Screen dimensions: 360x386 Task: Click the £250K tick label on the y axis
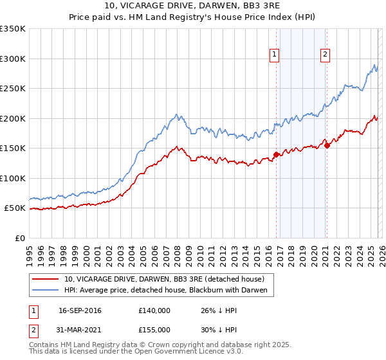tap(12, 89)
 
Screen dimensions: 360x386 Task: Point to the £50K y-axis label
tap(14, 208)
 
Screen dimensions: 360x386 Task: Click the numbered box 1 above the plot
tap(275, 55)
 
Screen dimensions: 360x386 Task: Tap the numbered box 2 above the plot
tap(326, 55)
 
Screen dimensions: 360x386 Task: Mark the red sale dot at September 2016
tap(276, 154)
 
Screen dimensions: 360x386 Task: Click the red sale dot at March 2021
tap(327, 145)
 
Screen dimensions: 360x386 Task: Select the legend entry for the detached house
tap(164, 280)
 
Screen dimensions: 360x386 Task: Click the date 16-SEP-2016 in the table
tap(80, 310)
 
